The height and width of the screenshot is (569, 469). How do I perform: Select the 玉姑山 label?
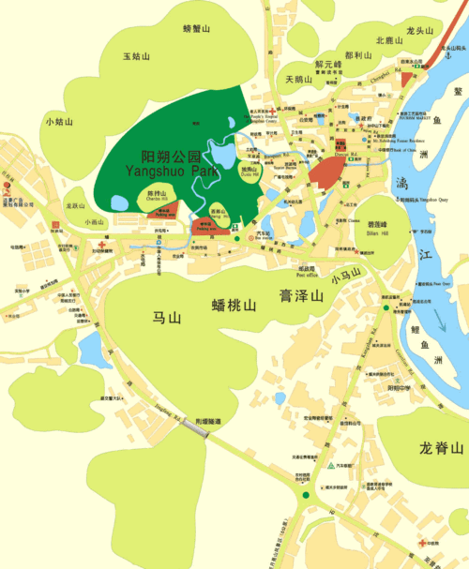(x=136, y=56)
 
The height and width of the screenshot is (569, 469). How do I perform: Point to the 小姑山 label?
(x=59, y=121)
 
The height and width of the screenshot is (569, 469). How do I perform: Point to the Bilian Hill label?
(x=378, y=232)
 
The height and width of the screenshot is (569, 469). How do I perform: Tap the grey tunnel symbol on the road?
(x=197, y=426)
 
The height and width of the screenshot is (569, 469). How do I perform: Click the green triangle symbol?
(x=329, y=466)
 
